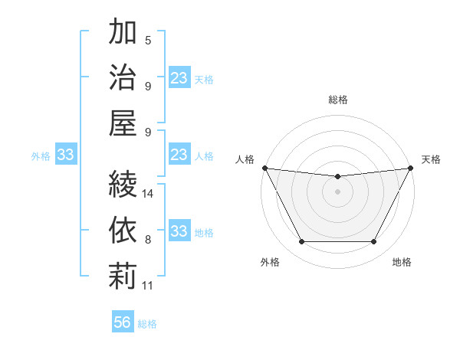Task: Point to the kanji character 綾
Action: click(x=123, y=184)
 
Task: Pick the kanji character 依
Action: click(x=123, y=229)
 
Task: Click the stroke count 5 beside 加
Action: click(x=148, y=41)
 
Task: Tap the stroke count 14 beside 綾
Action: click(x=148, y=194)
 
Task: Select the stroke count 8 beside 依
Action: click(x=148, y=240)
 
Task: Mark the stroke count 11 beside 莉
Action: click(x=148, y=285)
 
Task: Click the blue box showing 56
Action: click(x=123, y=322)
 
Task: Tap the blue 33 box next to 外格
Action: click(x=65, y=155)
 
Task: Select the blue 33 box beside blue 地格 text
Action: click(x=179, y=232)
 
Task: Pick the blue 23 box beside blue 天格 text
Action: click(x=179, y=78)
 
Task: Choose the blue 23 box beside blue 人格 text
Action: click(x=179, y=155)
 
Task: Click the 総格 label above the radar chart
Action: click(x=338, y=100)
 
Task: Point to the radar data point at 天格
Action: click(x=411, y=168)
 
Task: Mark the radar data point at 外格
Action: click(x=301, y=242)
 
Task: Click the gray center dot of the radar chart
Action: click(x=337, y=191)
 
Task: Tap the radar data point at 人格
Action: click(x=264, y=168)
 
